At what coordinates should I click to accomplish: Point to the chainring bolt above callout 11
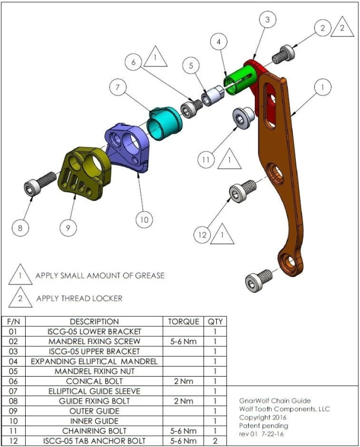coord(244,117)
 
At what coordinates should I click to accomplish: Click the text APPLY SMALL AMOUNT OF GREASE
coord(100,275)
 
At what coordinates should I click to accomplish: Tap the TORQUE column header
coord(183,321)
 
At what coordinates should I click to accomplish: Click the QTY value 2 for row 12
coord(215,441)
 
